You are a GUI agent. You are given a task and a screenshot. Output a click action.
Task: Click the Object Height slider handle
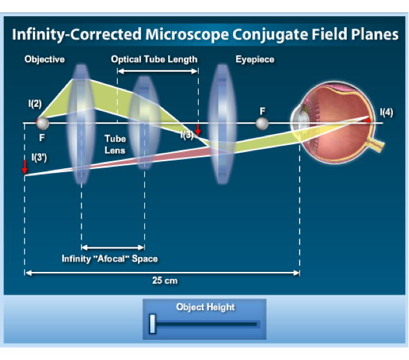[x=152, y=324]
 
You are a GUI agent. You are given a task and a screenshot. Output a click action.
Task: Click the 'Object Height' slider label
[x=205, y=307]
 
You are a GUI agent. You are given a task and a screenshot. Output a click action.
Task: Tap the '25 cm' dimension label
[x=165, y=281]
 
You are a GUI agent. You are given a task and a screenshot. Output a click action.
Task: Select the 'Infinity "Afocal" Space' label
[x=109, y=259]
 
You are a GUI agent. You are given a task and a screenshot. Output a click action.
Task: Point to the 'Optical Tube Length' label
[x=154, y=60]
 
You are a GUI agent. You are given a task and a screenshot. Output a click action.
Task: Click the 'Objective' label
[x=45, y=60]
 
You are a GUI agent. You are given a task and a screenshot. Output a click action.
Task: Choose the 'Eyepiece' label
[x=254, y=60]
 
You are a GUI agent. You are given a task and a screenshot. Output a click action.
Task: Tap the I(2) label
[x=35, y=104]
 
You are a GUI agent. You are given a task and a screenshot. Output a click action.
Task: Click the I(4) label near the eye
[x=386, y=111]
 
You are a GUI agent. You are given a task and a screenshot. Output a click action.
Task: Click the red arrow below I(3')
[x=25, y=168]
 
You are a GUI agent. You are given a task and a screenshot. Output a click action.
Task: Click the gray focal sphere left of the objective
[x=42, y=123]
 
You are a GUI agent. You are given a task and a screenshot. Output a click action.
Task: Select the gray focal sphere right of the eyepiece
[x=262, y=123]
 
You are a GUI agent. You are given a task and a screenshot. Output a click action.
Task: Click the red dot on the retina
[x=368, y=120]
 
